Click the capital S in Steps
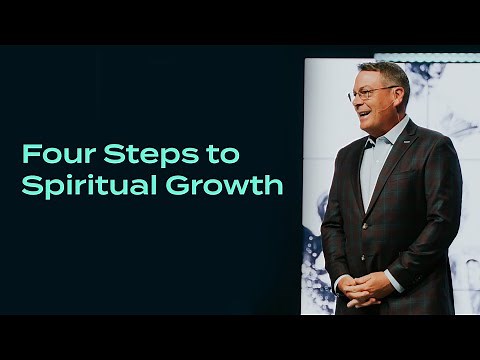coord(116,155)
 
